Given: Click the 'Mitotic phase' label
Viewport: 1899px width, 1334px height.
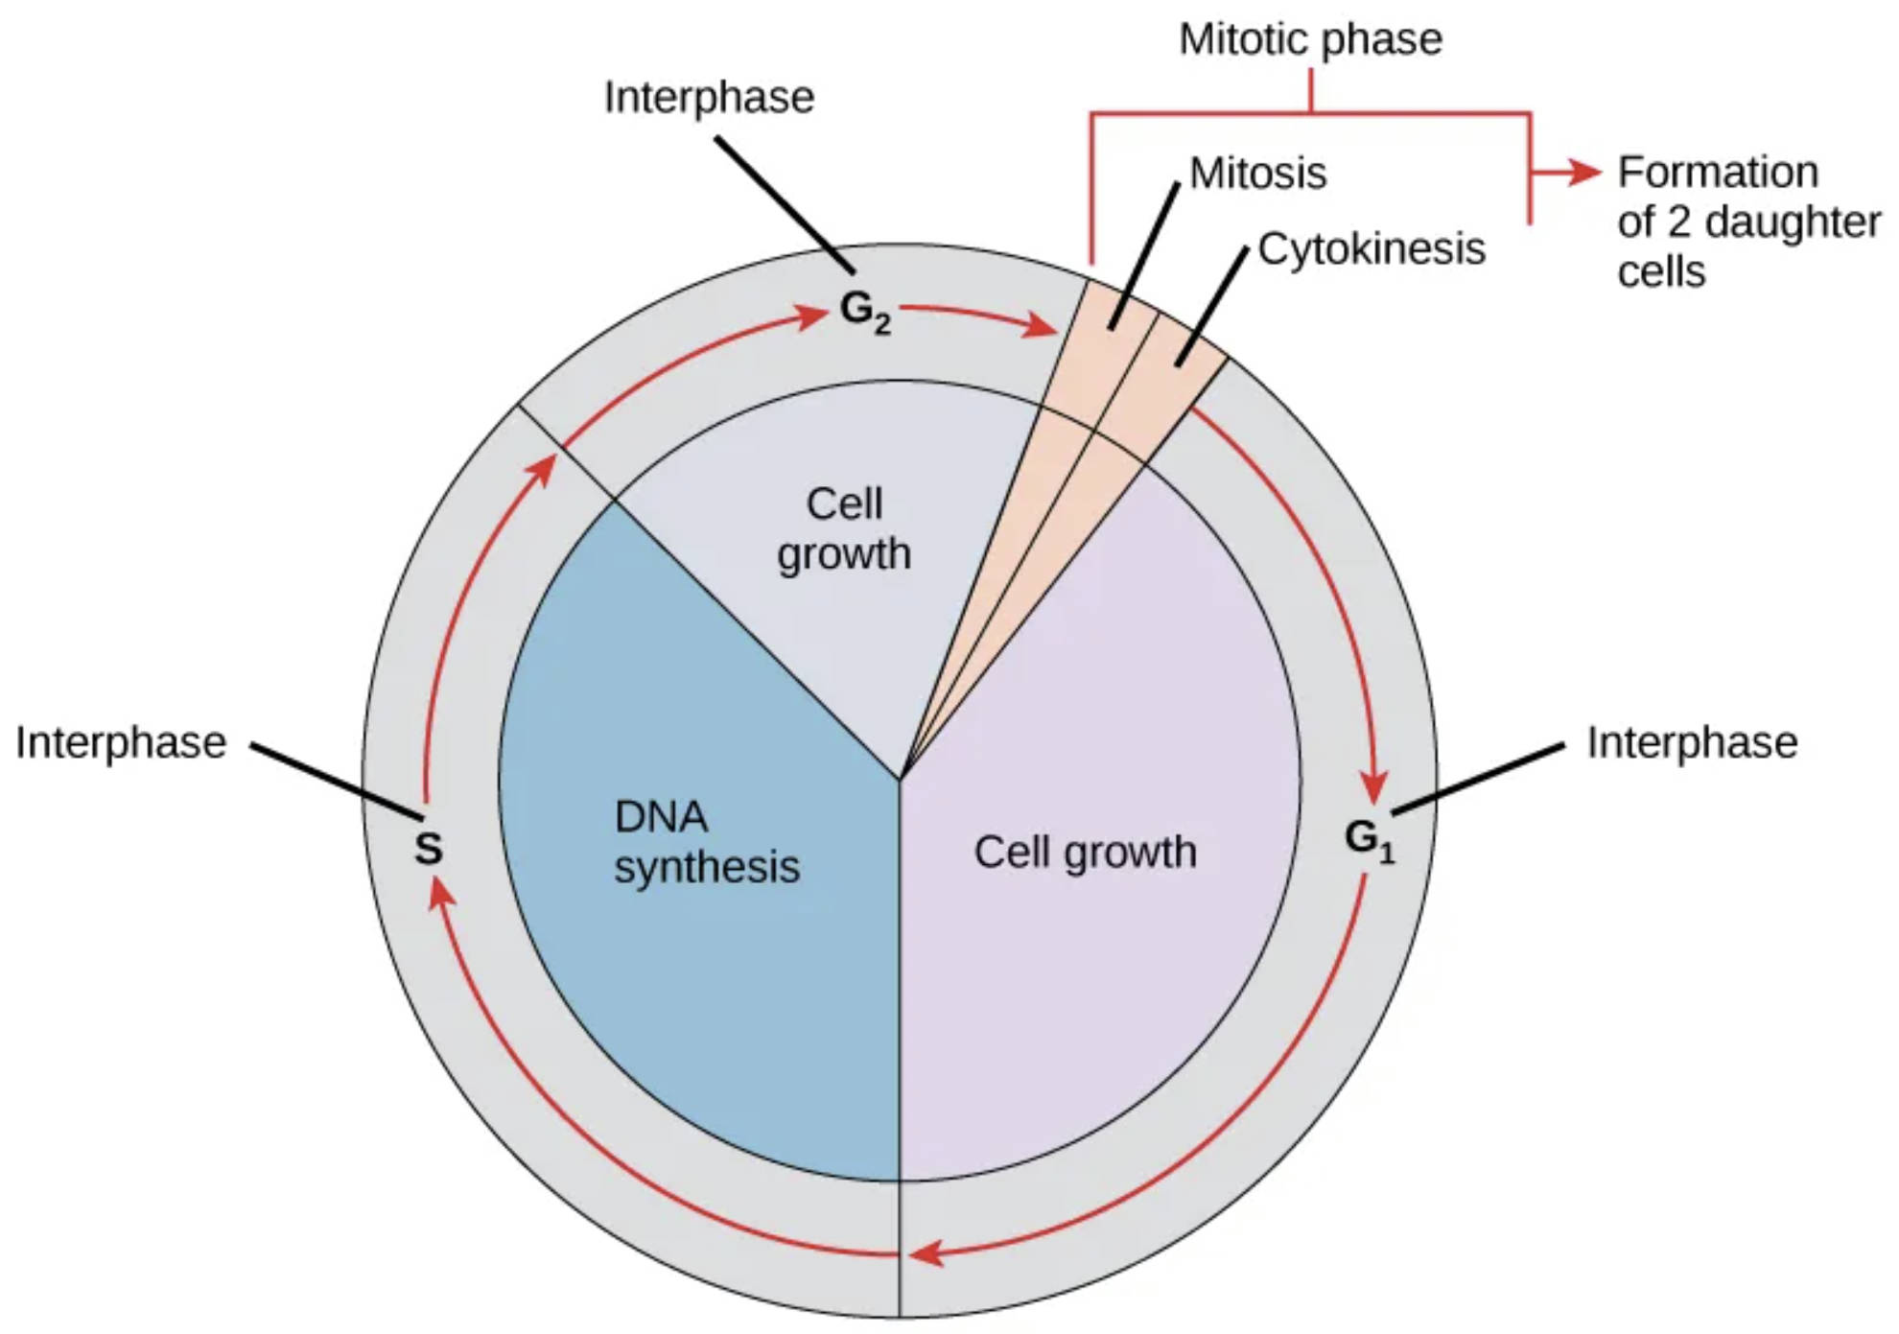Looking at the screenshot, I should (x=1310, y=40).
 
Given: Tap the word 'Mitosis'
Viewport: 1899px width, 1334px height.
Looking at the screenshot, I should (x=1257, y=174).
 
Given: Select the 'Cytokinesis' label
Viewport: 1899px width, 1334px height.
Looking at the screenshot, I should (x=1371, y=249).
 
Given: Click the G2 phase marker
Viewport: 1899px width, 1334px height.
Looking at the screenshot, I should (x=864, y=311).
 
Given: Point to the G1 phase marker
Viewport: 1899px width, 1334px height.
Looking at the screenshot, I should (x=1369, y=840).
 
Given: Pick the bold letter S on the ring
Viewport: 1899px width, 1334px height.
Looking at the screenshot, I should (x=428, y=849).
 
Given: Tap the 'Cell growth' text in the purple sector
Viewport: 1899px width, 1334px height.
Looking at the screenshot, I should (x=1085, y=852).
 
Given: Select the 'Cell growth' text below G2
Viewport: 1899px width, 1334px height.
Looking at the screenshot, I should (x=844, y=529).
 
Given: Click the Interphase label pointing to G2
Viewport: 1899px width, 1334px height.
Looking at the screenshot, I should (x=709, y=98).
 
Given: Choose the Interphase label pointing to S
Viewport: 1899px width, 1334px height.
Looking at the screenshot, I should (x=121, y=743).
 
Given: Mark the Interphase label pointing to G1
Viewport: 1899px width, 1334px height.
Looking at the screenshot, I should (x=1692, y=743).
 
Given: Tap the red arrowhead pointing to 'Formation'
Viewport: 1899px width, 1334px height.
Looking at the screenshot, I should (x=1586, y=173).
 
